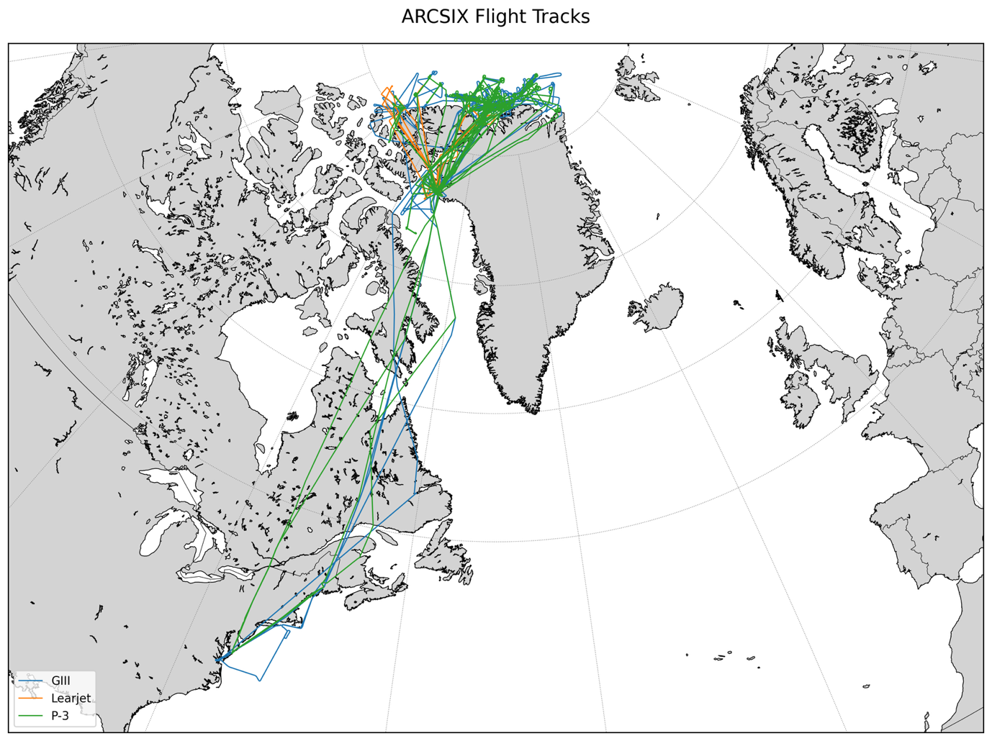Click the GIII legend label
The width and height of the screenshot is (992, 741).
[x=60, y=681]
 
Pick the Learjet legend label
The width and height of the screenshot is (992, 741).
[x=71, y=698]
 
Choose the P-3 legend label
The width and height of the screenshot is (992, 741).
[x=60, y=716]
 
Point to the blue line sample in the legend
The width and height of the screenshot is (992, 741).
[x=30, y=681]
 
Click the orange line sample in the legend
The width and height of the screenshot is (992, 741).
[x=30, y=698]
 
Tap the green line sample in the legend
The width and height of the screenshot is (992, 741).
[x=30, y=716]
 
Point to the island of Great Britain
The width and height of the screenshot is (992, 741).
[x=839, y=367]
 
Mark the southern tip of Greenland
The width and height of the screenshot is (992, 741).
[x=534, y=411]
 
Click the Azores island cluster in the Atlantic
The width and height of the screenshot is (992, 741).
[x=734, y=657]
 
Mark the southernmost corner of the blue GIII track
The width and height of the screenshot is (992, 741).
[x=259, y=680]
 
